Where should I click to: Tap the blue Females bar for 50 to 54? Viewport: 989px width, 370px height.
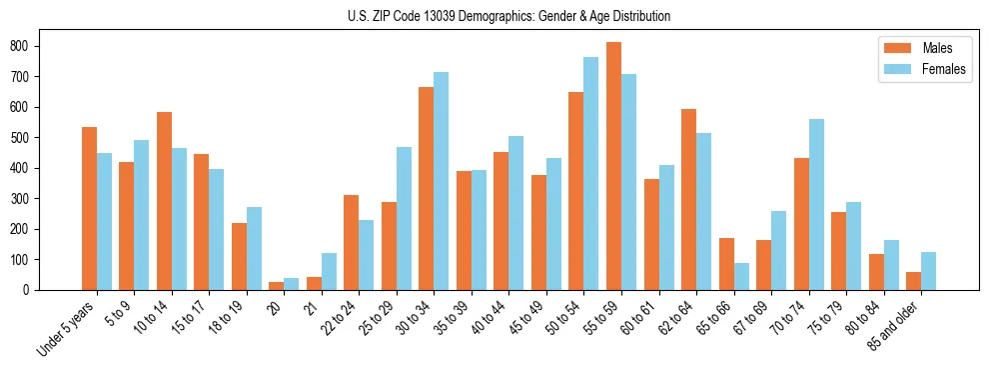coord(590,174)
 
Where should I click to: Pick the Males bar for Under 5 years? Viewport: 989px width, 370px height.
coord(89,209)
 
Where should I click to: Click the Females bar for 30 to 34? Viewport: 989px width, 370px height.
coord(441,181)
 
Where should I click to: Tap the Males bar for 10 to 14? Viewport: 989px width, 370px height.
coord(164,201)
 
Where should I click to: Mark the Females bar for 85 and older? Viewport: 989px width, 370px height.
coord(928,271)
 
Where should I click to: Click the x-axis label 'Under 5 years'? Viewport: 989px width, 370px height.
coord(67,329)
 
